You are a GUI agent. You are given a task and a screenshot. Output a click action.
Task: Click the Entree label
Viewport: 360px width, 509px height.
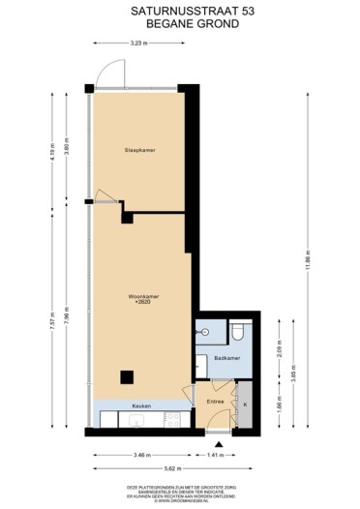216,398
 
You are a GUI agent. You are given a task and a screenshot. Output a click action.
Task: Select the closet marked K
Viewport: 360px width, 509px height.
246,404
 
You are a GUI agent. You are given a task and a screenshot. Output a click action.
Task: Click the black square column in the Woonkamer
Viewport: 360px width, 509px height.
126,376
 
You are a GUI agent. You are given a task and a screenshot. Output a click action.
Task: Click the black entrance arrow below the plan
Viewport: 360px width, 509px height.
221,446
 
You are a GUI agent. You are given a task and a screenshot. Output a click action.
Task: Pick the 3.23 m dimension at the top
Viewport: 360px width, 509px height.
138,44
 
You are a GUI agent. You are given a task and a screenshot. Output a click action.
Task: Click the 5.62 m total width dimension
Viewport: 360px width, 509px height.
178,468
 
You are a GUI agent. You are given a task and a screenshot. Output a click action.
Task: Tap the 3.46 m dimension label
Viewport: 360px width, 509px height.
141,454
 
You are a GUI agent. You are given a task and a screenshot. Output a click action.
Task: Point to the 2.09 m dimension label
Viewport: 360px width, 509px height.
278,345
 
